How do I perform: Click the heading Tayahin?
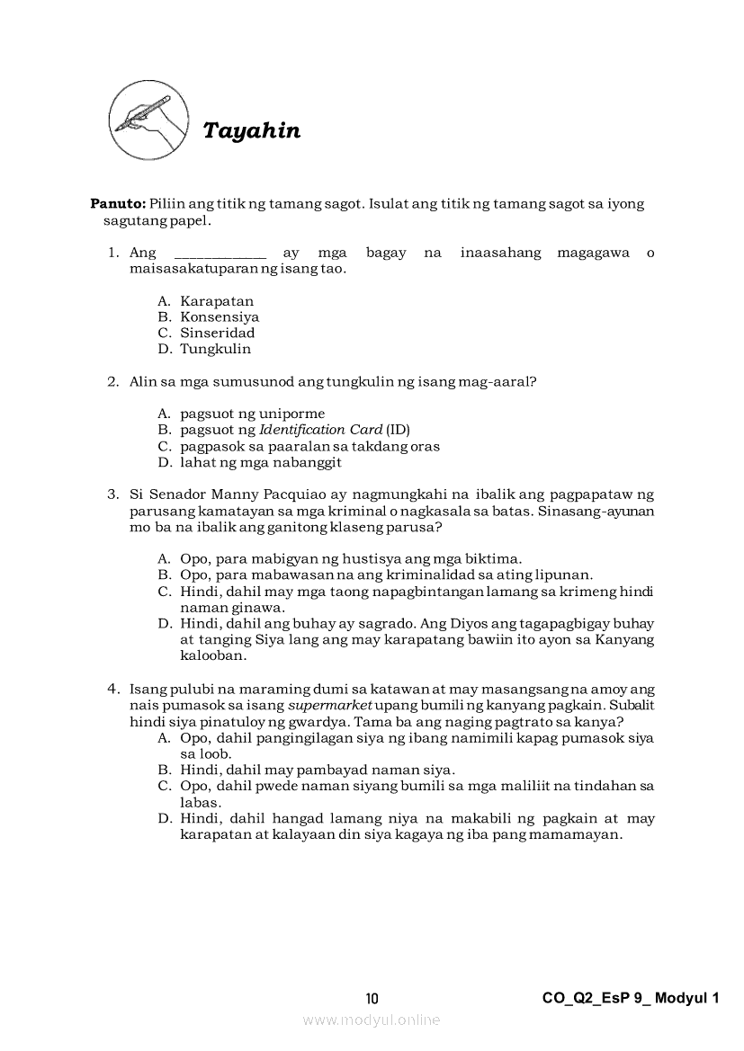(x=252, y=131)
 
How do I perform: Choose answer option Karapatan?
(x=217, y=301)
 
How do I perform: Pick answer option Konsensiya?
(x=220, y=317)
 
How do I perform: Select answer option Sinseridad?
(x=217, y=334)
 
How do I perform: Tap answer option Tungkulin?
(x=215, y=350)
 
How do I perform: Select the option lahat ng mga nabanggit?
(x=260, y=463)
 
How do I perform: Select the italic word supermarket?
(x=329, y=706)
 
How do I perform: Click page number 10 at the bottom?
(x=372, y=999)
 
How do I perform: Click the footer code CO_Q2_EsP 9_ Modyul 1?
(x=632, y=998)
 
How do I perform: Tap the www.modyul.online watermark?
(x=372, y=1020)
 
